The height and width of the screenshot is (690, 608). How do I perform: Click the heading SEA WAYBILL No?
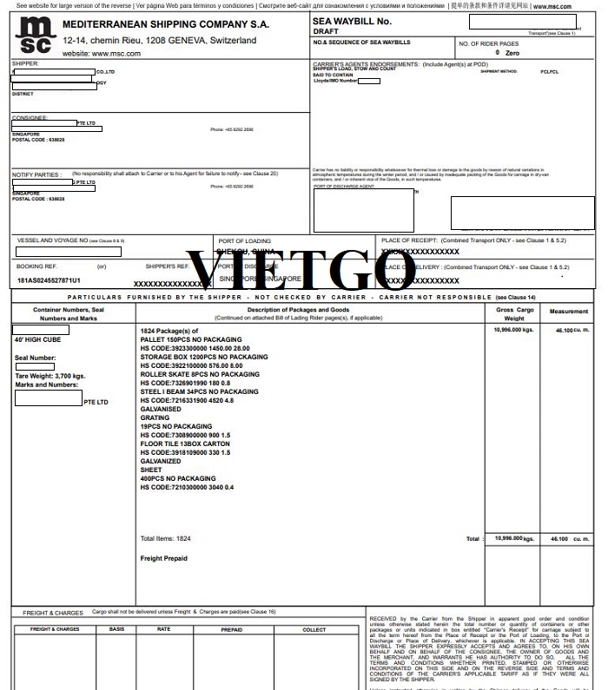(x=352, y=21)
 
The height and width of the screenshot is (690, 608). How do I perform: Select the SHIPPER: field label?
(x=25, y=63)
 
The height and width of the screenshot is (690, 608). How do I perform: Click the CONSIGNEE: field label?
(x=30, y=117)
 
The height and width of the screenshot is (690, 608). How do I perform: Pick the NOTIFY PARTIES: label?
(x=36, y=174)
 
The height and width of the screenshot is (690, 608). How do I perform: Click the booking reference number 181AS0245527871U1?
(x=49, y=280)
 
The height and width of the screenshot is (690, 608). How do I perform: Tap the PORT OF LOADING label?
(x=244, y=240)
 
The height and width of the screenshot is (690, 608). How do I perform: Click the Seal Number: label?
(x=36, y=358)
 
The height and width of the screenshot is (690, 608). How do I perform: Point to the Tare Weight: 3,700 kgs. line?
(x=50, y=376)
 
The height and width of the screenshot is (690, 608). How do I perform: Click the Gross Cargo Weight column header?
(x=514, y=313)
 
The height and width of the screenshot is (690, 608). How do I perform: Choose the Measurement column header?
(x=568, y=311)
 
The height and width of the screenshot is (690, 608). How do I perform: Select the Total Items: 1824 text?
(x=165, y=538)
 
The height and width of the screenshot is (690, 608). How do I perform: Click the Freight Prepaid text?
(x=163, y=558)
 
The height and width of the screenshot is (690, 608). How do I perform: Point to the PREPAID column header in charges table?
(x=232, y=629)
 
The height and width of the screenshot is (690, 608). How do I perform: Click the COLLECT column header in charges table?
(x=314, y=629)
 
